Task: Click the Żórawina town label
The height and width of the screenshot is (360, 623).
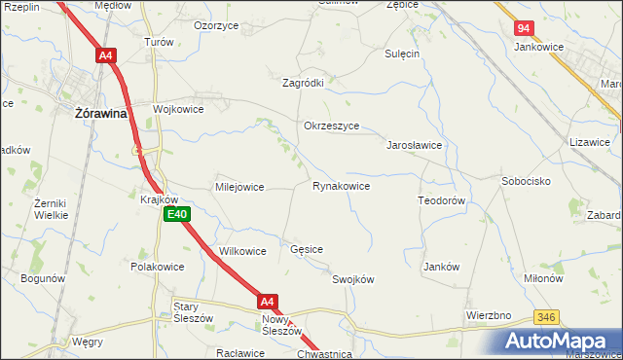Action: click(x=102, y=113)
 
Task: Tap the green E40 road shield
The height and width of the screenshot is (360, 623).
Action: click(x=176, y=214)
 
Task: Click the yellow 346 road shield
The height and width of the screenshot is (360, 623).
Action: click(x=546, y=317)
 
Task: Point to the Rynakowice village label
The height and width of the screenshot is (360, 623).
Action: click(x=341, y=186)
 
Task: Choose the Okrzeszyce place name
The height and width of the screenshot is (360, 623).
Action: click(x=332, y=126)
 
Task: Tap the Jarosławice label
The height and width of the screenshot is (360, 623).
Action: click(x=416, y=145)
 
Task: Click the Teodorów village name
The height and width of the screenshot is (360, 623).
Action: click(x=444, y=199)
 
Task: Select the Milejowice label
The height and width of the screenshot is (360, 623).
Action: click(x=239, y=187)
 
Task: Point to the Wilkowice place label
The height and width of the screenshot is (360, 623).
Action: click(x=242, y=251)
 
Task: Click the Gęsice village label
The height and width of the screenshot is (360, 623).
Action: click(x=307, y=250)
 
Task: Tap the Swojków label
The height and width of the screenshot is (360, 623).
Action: click(x=353, y=279)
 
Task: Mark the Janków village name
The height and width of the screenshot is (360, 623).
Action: click(x=441, y=267)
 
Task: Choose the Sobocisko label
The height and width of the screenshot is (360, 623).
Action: click(x=527, y=181)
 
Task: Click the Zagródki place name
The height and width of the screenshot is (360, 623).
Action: click(x=303, y=84)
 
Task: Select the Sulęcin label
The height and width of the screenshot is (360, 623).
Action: click(x=401, y=54)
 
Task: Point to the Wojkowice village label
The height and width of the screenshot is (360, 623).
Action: click(x=177, y=109)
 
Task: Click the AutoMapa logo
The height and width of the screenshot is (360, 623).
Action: click(x=560, y=341)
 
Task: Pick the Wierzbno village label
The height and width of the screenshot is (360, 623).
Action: click(x=489, y=316)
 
